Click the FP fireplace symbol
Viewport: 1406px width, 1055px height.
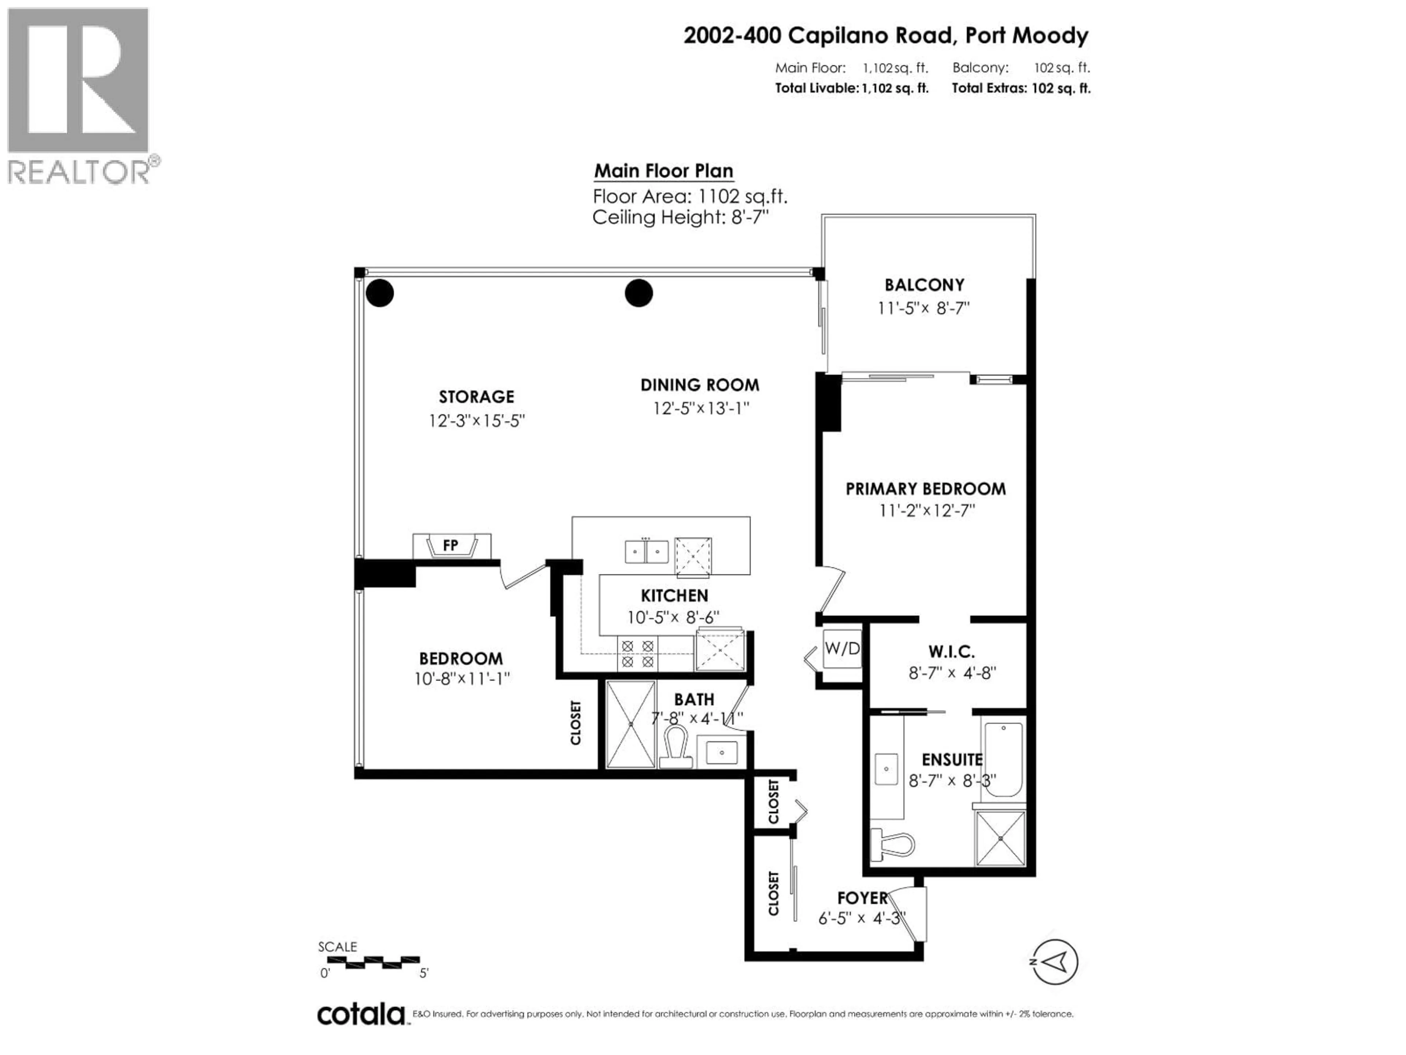pos(451,545)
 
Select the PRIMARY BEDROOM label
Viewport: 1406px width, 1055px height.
pos(926,489)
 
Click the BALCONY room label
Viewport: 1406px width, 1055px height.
pos(924,285)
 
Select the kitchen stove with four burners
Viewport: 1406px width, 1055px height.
pos(637,654)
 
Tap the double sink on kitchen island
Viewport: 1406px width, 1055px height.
pos(646,551)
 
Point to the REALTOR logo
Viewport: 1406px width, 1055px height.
pos(79,95)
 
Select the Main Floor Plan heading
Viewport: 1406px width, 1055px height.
pos(663,171)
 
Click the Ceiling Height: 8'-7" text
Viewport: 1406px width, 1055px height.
pos(680,218)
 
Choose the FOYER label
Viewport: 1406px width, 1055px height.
pos(862,898)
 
